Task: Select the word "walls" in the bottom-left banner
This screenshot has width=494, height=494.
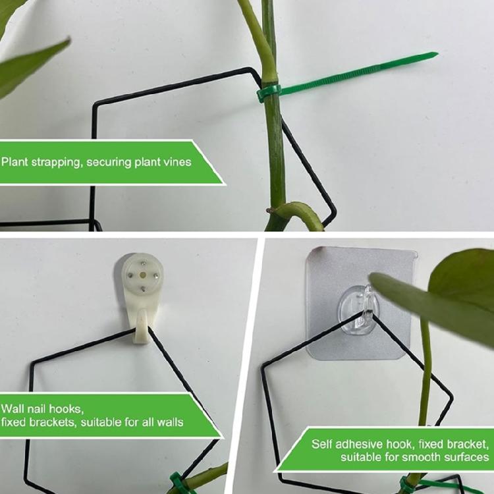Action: (170, 422)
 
